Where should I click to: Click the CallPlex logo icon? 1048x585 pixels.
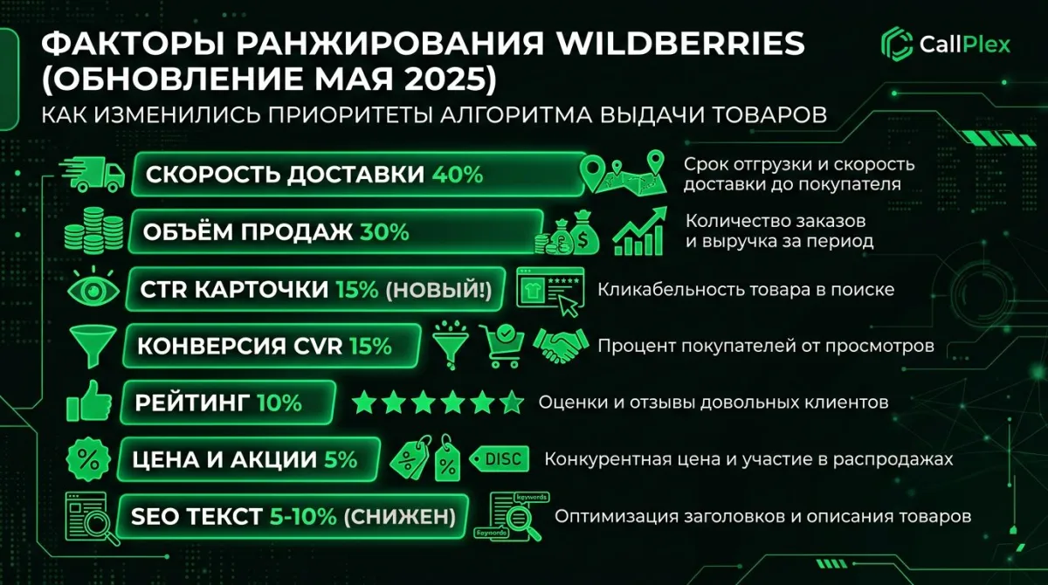(897, 44)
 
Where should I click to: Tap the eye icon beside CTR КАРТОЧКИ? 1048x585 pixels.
(91, 289)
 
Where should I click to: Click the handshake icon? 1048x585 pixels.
(560, 346)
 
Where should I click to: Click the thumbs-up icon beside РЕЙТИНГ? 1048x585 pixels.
(90, 403)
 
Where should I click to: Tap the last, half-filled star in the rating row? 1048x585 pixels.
(512, 403)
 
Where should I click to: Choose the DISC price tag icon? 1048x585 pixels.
(499, 458)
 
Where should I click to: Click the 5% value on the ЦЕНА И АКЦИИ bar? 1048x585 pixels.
(341, 459)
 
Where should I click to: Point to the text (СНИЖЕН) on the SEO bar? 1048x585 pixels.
(399, 516)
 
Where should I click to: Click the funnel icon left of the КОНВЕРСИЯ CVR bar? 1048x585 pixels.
(89, 346)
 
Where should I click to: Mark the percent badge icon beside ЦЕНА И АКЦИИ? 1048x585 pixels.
(88, 459)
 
